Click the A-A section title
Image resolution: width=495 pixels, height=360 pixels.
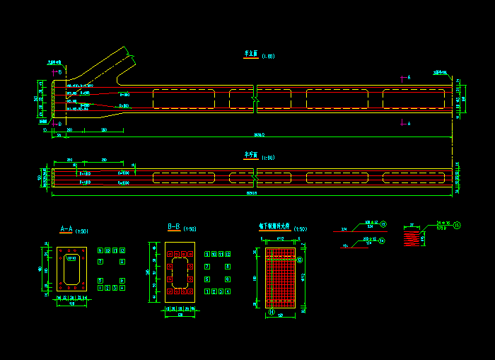65,229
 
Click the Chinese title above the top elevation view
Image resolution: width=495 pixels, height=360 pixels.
250,54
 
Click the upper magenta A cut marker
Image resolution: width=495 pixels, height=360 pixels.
403,79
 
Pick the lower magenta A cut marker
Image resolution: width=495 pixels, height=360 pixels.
403,123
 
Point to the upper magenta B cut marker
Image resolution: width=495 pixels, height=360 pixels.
57,71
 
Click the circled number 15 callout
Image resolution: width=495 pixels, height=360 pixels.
457,225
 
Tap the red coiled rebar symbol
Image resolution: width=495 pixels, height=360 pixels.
411,239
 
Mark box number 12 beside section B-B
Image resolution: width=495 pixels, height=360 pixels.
228,254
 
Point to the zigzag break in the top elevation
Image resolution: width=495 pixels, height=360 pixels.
255,99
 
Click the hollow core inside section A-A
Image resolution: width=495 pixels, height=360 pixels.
71,269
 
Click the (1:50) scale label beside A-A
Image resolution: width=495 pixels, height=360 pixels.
81,231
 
